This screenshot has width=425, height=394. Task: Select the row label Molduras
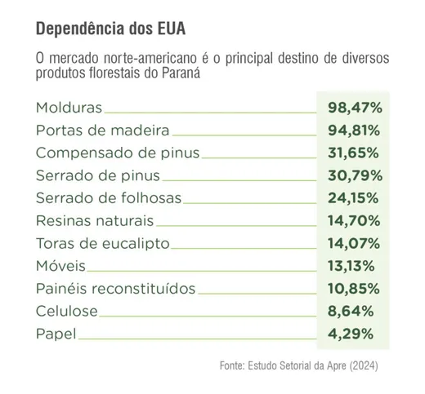point(69,107)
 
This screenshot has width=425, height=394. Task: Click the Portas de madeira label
point(103,130)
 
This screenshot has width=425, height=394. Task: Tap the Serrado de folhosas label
point(109,197)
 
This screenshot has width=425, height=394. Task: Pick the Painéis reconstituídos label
point(116,288)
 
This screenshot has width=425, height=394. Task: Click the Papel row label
point(56,334)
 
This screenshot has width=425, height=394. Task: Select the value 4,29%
point(353,334)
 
